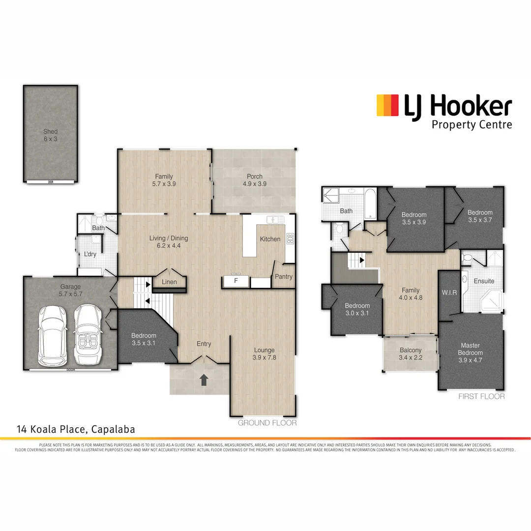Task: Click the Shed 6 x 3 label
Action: point(50,135)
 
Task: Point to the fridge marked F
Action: point(236,281)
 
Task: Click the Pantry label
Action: point(284,277)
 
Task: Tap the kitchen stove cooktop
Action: point(290,239)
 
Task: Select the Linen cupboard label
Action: point(170,282)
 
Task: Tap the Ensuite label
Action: point(484,281)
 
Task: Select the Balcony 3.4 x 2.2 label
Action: point(410,354)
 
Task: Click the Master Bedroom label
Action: point(471,349)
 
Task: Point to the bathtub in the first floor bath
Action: point(369,205)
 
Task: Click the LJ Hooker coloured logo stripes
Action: point(387,106)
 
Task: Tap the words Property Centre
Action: point(472,124)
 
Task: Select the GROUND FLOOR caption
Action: point(267,423)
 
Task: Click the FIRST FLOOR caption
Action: point(481,396)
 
